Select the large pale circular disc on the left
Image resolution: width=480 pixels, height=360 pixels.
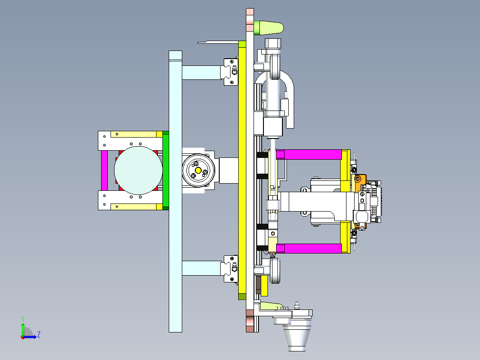[x=138, y=170]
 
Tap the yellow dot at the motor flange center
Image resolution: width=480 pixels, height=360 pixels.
[x=198, y=170]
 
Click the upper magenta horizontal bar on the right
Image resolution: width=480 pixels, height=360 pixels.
[x=309, y=155]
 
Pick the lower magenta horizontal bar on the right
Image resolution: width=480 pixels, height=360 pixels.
[x=309, y=249]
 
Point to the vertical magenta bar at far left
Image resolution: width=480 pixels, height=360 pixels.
[x=104, y=170]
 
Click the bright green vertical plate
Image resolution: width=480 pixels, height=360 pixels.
[x=166, y=170]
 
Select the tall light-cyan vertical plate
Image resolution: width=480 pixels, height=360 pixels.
[x=175, y=191]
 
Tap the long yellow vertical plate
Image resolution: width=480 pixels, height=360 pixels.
[x=242, y=170]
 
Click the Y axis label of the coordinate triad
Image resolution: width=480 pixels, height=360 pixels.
[x=23, y=319]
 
